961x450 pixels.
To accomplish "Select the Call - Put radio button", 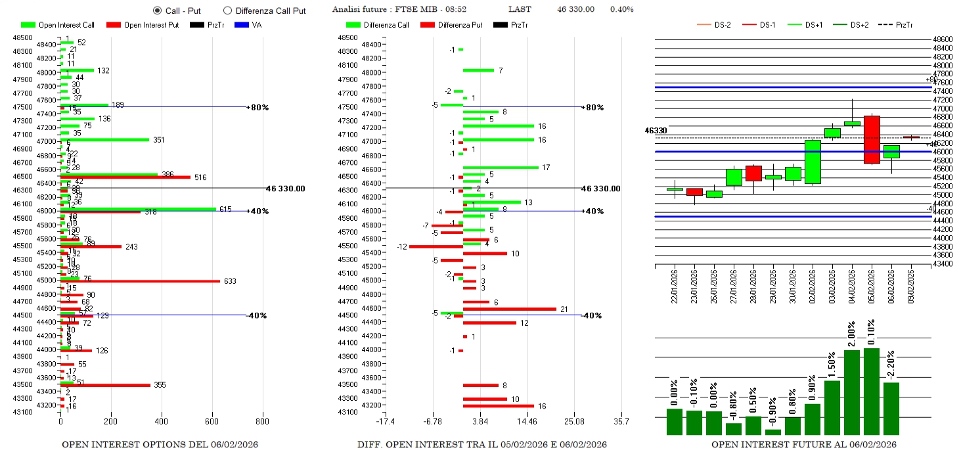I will click(x=157, y=11).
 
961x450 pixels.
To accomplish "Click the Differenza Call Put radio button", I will click(x=228, y=11).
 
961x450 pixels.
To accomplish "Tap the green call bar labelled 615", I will click(x=138, y=209).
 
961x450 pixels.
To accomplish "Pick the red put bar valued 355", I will click(x=105, y=385).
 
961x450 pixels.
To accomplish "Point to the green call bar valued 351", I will click(x=104, y=139).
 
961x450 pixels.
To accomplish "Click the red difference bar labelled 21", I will click(x=509, y=309).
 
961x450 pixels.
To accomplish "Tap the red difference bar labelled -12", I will click(x=436, y=246).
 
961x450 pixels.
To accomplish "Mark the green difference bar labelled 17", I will click(x=501, y=168).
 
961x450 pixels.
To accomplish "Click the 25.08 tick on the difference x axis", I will click(x=574, y=421).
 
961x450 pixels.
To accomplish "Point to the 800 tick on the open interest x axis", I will click(x=262, y=421).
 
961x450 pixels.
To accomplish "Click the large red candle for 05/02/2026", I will click(x=872, y=140).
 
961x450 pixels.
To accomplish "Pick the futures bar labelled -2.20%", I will click(x=891, y=408).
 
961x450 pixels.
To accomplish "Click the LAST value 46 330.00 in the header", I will click(x=575, y=9).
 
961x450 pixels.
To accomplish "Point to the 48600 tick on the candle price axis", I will click(x=943, y=39).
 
